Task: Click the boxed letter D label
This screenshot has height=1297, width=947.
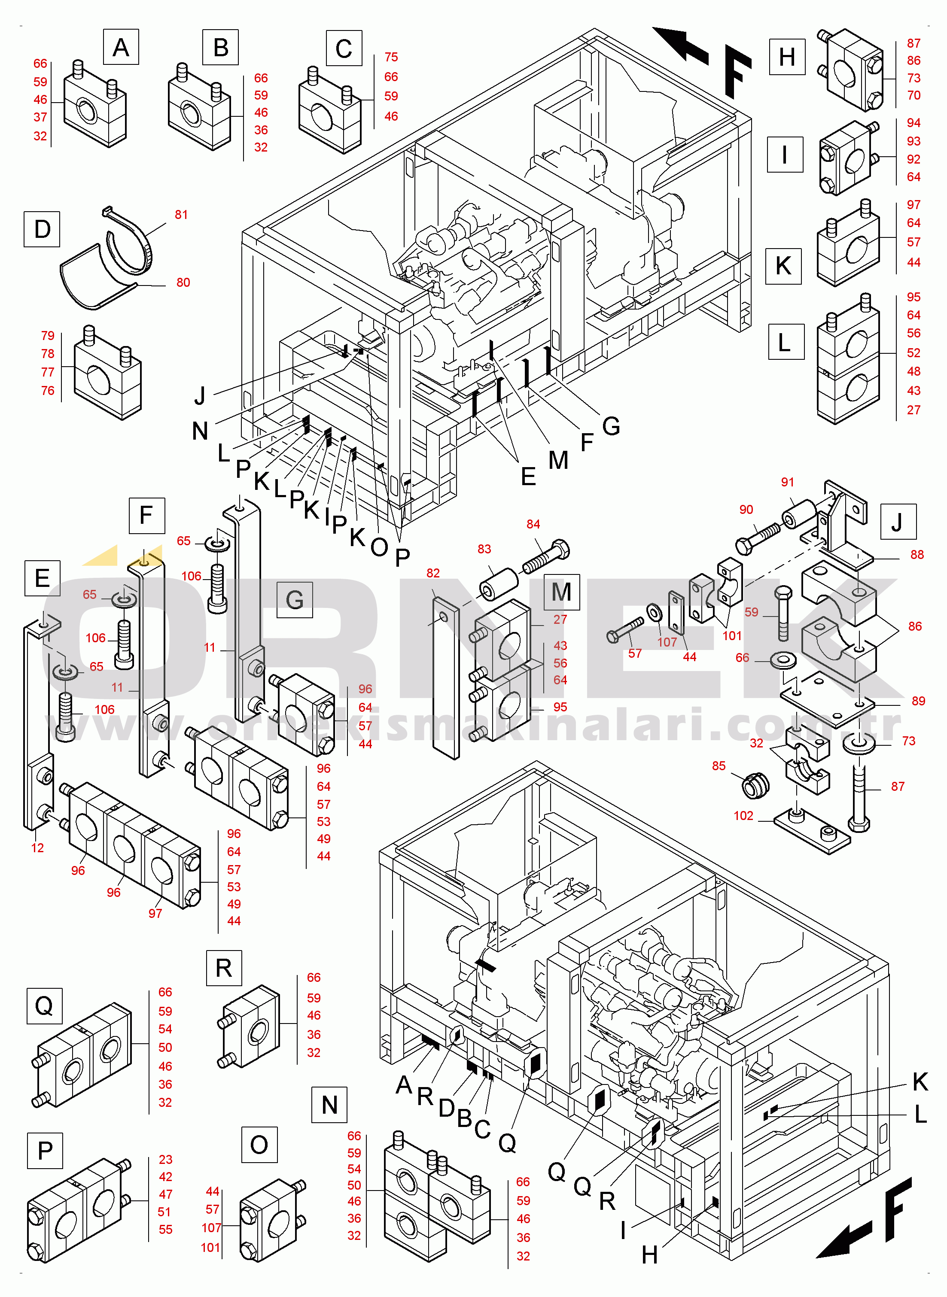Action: point(42,229)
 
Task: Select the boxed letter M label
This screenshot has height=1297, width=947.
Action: point(561,592)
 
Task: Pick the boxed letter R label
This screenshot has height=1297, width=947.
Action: point(224,968)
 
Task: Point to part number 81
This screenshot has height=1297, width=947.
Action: point(181,215)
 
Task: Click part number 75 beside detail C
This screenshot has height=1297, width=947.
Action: point(391,57)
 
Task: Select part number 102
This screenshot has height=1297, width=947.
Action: point(743,816)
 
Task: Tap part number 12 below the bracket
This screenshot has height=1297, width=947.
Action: point(37,848)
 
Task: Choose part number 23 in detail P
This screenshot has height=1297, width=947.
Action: point(166,1160)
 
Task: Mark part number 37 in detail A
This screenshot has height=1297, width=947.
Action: point(40,118)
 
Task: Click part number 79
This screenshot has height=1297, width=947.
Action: point(48,336)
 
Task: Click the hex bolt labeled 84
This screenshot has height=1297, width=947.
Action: point(546,557)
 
